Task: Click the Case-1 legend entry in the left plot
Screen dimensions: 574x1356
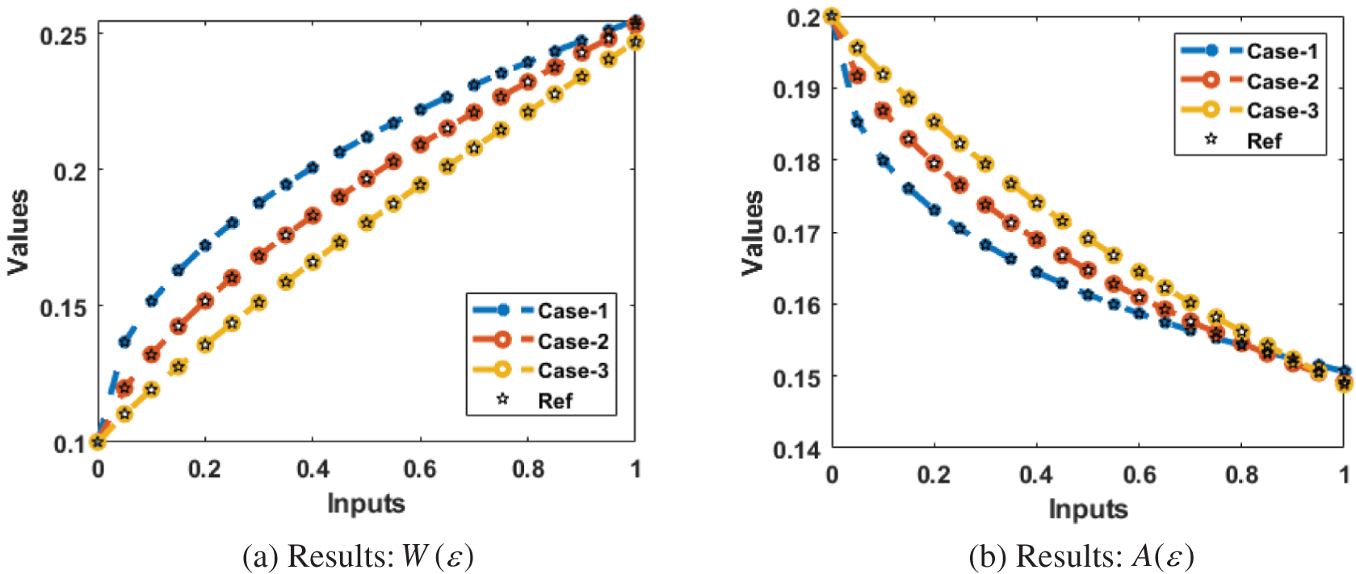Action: [x=572, y=311]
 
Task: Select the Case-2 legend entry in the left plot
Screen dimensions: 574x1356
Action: [x=572, y=341]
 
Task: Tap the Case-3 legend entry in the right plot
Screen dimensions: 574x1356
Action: [x=1281, y=111]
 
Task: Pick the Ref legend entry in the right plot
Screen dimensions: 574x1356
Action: [x=1263, y=141]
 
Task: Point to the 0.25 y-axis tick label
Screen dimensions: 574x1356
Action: [x=63, y=36]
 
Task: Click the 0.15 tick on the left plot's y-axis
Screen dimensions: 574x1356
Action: [x=63, y=308]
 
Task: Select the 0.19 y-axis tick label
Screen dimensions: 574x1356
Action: [x=797, y=89]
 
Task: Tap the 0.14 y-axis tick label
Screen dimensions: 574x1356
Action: [x=797, y=449]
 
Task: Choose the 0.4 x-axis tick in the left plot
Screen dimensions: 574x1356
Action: [x=313, y=469]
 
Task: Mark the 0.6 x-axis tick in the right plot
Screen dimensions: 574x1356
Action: [x=1139, y=475]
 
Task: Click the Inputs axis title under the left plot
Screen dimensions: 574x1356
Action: [x=366, y=504]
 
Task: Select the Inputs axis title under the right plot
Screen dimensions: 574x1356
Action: [x=1088, y=509]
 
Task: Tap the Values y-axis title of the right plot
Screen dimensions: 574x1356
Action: [x=753, y=233]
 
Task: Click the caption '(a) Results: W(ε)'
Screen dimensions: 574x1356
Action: [x=358, y=556]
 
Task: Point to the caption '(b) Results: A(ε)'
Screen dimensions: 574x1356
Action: [x=1081, y=556]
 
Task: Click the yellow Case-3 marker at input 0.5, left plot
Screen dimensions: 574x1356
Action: [x=367, y=223]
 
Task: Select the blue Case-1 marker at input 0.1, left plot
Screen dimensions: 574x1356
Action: [x=151, y=301]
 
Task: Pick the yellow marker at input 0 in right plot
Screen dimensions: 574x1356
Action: [x=833, y=16]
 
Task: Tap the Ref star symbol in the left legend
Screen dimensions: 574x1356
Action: [x=502, y=399]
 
